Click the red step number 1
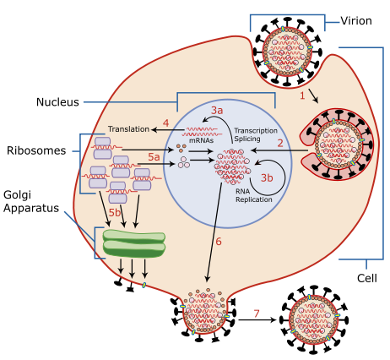click(x=302, y=95)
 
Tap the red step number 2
click(x=280, y=143)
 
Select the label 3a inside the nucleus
click(x=217, y=111)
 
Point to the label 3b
click(x=267, y=177)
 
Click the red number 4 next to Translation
click(x=165, y=123)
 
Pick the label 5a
click(x=154, y=157)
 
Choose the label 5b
click(x=115, y=212)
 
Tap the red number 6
click(x=218, y=242)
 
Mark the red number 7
click(x=257, y=314)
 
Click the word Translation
click(x=128, y=129)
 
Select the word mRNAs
click(x=200, y=141)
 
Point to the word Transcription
click(x=255, y=131)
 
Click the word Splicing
click(x=249, y=140)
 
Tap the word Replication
click(x=253, y=199)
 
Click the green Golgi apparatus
click(x=134, y=243)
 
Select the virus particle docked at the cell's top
click(x=287, y=50)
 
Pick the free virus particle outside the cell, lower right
click(x=314, y=319)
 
